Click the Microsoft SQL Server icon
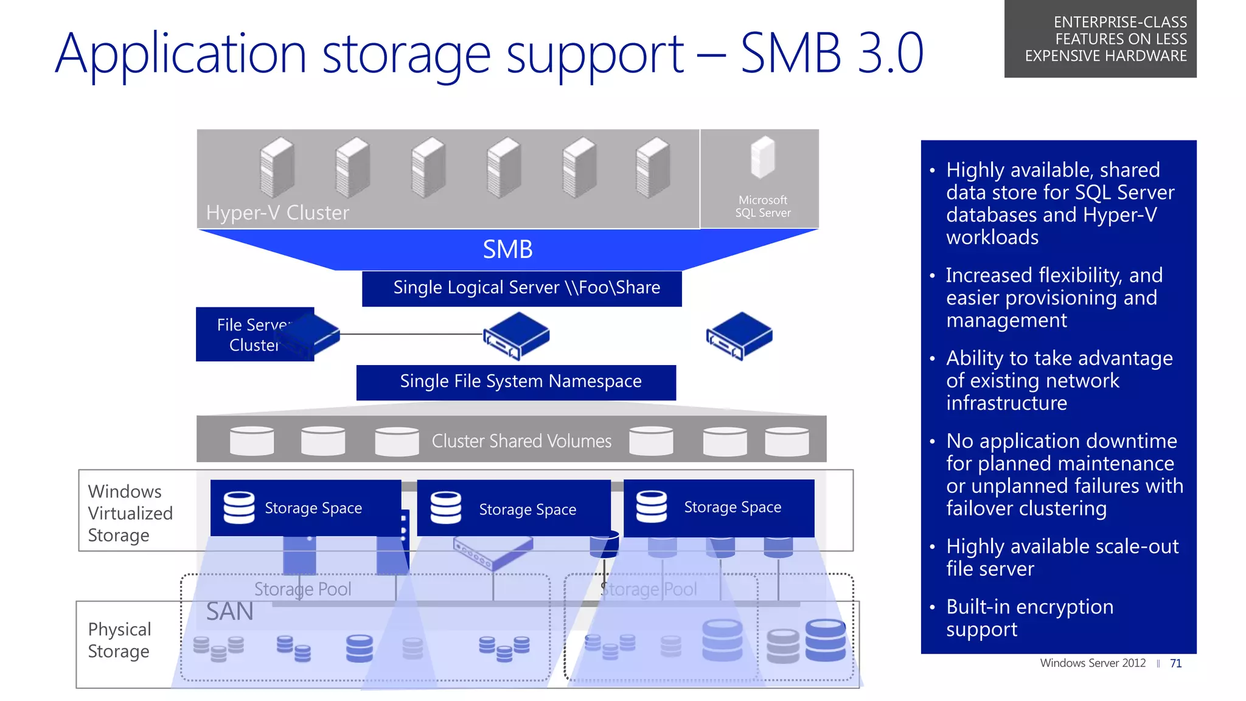pyautogui.click(x=762, y=158)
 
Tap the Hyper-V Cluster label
pyautogui.click(x=277, y=213)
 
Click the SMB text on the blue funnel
pyautogui.click(x=507, y=249)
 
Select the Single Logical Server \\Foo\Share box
pyautogui.click(x=521, y=288)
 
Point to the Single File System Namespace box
pyautogui.click(x=516, y=382)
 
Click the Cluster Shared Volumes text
pyautogui.click(x=521, y=441)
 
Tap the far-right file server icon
pyautogui.click(x=739, y=336)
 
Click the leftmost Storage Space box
pyautogui.click(x=305, y=508)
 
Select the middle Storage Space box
pyautogui.click(x=513, y=509)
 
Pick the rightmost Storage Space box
pyautogui.click(x=719, y=507)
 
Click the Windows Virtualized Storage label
pyautogui.click(x=130, y=513)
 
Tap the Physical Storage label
pyautogui.click(x=119, y=640)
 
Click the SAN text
pyautogui.click(x=229, y=612)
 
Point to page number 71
pyautogui.click(x=1175, y=663)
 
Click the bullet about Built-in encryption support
pyautogui.click(x=1029, y=618)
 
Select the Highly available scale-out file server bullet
pyautogui.click(x=1062, y=557)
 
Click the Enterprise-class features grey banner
pyautogui.click(x=1100, y=39)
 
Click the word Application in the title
pyautogui.click(x=181, y=55)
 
